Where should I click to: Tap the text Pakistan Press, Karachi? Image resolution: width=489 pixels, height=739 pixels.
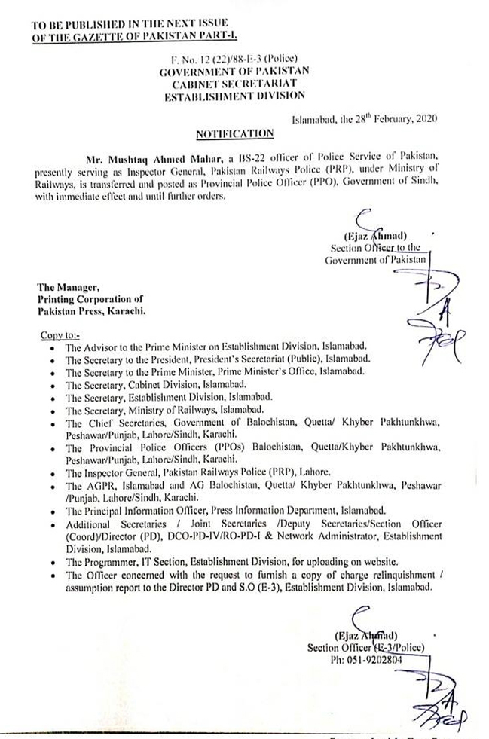[x=91, y=310]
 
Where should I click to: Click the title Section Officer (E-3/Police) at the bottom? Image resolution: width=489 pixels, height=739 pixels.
[x=365, y=648]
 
